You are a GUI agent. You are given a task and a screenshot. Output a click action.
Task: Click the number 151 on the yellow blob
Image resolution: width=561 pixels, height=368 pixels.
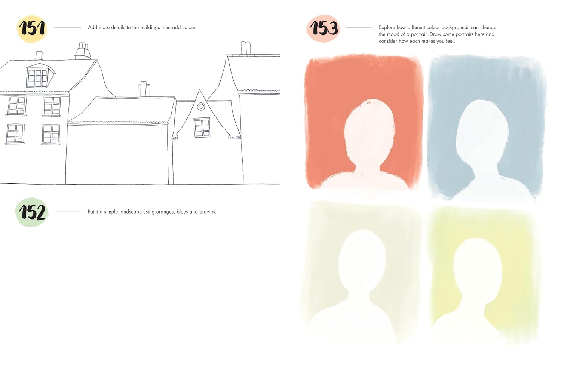pyautogui.click(x=33, y=28)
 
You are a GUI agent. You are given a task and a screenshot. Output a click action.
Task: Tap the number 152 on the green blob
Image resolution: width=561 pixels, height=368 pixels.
pyautogui.click(x=32, y=212)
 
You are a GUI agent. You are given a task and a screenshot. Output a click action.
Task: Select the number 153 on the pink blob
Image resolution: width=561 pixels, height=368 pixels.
pyautogui.click(x=324, y=28)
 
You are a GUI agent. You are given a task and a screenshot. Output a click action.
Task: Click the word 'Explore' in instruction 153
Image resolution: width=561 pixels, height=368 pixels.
pyautogui.click(x=387, y=28)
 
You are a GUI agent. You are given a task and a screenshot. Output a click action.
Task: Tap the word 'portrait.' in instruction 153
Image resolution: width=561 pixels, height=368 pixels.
pyautogui.click(x=419, y=34)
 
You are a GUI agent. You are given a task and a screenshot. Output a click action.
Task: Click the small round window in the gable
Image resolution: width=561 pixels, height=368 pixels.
pyautogui.click(x=201, y=107)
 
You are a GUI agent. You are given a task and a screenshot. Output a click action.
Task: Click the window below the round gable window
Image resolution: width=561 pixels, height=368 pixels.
pyautogui.click(x=202, y=128)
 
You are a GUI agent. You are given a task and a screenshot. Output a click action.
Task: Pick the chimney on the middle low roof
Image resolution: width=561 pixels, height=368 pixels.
pyautogui.click(x=144, y=89)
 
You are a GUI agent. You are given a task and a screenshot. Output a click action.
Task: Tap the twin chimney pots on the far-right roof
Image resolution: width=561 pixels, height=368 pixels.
pyautogui.click(x=246, y=48)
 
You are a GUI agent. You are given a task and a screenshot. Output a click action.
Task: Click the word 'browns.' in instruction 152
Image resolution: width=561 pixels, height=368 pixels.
pyautogui.click(x=208, y=212)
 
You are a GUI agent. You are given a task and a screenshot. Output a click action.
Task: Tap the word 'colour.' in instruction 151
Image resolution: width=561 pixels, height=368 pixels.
pyautogui.click(x=189, y=28)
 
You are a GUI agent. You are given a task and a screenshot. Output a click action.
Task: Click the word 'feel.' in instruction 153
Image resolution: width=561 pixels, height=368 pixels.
pyautogui.click(x=450, y=41)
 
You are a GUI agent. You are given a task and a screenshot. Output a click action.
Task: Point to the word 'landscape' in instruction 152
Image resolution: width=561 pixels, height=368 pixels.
pyautogui.click(x=131, y=212)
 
